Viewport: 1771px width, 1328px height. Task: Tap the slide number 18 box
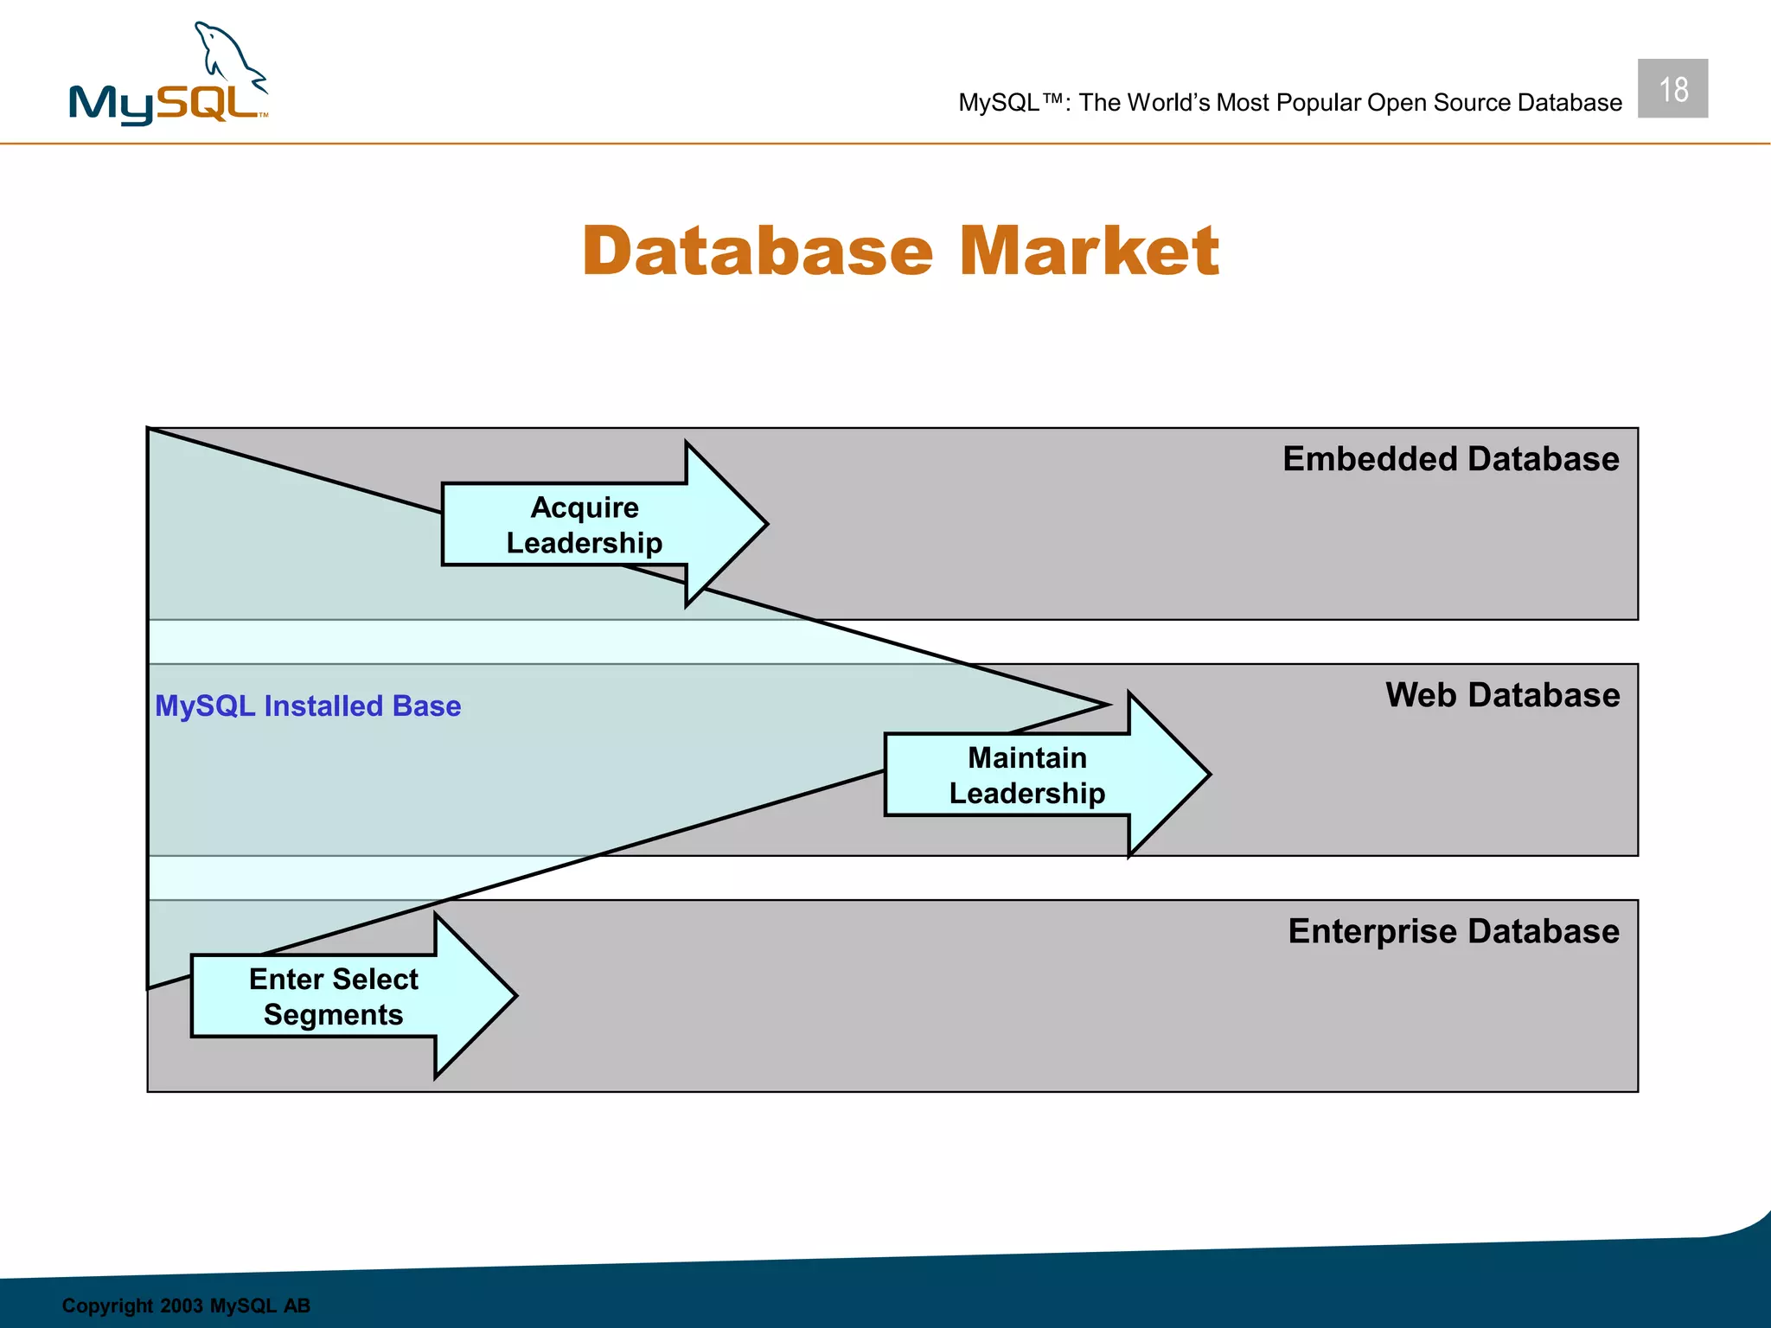point(1672,89)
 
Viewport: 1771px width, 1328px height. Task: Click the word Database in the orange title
point(758,252)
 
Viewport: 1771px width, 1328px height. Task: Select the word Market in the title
point(1090,252)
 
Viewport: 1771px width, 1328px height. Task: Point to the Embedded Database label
point(1450,458)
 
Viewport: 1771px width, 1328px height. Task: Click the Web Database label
point(1502,695)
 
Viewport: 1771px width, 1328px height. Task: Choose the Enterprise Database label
point(1453,931)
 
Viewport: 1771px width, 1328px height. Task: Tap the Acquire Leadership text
point(585,525)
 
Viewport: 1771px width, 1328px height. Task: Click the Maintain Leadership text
point(1026,776)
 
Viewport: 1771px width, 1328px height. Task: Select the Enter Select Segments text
point(334,997)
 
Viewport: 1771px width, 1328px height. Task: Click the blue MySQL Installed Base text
point(308,705)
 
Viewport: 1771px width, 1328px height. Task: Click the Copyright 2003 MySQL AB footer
point(186,1306)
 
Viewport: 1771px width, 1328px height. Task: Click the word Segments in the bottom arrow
point(334,1015)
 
